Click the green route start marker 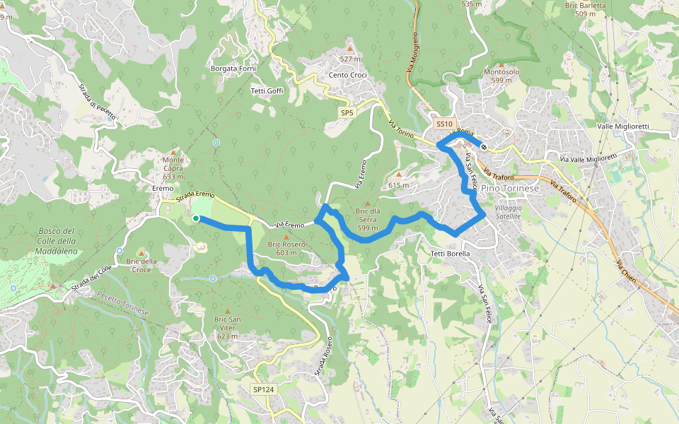point(196,218)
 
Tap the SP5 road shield point(347,112)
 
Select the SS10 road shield point(443,124)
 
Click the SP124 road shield point(263,389)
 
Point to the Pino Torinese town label point(509,189)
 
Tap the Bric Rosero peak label point(286,248)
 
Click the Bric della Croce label point(141,265)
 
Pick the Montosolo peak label point(501,76)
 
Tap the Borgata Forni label point(233,69)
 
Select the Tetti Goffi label point(267,90)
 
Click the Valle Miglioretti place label point(632,126)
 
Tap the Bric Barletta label point(586,9)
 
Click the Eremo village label point(163,189)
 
